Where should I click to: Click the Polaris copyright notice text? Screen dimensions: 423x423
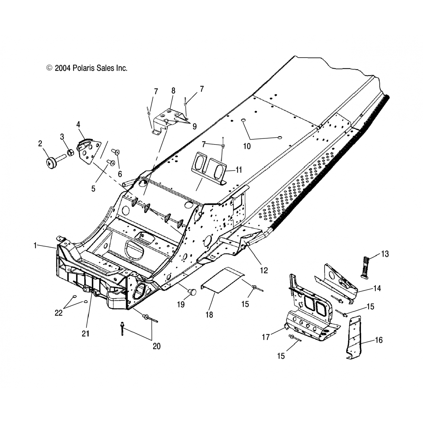[x=87, y=68]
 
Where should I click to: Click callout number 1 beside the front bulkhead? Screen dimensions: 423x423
[x=35, y=246]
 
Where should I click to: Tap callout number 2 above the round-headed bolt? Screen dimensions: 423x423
[x=40, y=144]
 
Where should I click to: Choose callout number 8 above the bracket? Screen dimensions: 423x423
[x=173, y=91]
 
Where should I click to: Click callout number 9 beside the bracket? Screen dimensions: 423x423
[x=194, y=127]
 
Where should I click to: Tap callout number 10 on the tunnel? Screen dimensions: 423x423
[x=247, y=146]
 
